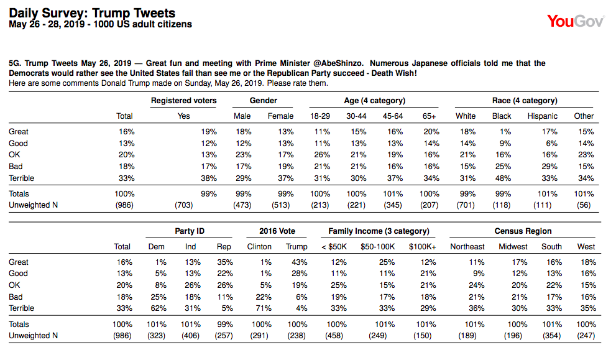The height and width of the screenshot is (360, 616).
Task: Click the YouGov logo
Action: (x=576, y=21)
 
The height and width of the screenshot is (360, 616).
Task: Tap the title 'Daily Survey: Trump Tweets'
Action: (x=93, y=13)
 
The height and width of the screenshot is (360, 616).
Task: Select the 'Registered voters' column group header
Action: (x=183, y=101)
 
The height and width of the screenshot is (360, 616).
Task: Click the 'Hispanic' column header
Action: (x=542, y=116)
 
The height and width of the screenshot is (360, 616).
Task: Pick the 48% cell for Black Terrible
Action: (x=503, y=178)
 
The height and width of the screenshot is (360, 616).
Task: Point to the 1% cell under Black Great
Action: (x=505, y=132)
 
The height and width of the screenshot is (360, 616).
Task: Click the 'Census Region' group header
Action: (x=523, y=231)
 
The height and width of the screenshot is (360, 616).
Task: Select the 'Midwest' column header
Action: (x=513, y=246)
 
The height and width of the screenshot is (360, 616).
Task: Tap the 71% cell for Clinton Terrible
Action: (x=264, y=308)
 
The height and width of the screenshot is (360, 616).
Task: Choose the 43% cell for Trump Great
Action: (x=300, y=262)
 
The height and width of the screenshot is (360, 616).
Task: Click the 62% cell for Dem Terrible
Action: (x=159, y=308)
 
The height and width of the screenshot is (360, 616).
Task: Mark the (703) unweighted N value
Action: (x=184, y=205)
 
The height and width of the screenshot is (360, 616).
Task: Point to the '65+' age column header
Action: (x=429, y=116)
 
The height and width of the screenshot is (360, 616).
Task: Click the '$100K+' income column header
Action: (x=422, y=246)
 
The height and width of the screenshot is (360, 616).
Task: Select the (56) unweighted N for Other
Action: (x=584, y=205)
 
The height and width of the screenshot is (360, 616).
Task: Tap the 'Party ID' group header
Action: (x=190, y=231)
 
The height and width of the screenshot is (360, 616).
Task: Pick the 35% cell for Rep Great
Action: (x=225, y=262)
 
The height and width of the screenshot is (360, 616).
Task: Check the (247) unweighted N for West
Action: (x=586, y=336)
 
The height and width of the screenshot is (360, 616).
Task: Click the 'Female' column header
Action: (x=280, y=116)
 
